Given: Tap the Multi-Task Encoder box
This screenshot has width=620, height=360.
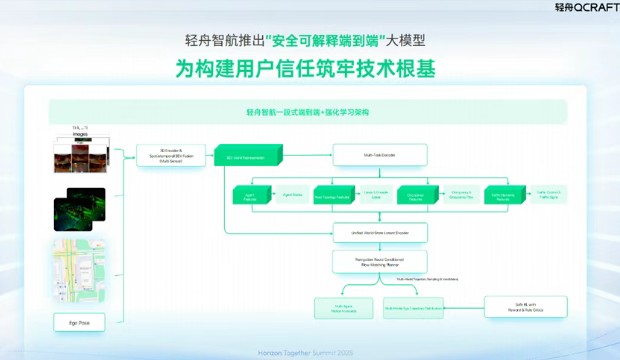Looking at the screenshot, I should point(380,154).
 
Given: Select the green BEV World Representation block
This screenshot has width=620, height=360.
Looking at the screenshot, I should point(244,156).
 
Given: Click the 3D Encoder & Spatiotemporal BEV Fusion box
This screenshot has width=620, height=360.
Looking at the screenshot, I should point(171,154).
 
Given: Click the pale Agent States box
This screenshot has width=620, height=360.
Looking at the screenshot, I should point(292,196).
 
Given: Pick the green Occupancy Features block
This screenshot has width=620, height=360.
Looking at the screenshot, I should point(418,196).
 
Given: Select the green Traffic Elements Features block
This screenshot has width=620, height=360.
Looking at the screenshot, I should point(504,196).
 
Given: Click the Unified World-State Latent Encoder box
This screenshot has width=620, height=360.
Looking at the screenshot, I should point(380,231).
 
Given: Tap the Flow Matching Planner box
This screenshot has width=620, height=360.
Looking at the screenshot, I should point(380,262).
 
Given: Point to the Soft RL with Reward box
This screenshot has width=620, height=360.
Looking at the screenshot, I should point(525,307).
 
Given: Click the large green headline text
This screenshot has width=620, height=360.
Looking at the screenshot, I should point(309,70).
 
